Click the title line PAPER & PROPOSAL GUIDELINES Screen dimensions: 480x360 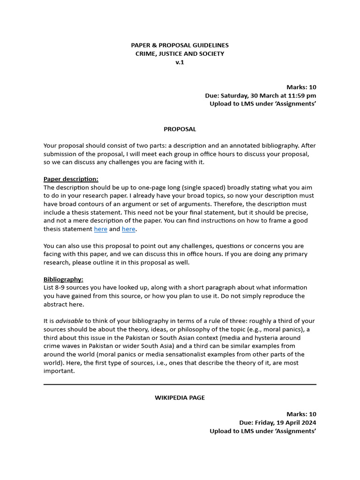pyautogui.click(x=180, y=45)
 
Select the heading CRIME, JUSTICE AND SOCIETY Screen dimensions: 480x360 pyautogui.click(x=180, y=53)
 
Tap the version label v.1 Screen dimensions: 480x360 pyautogui.click(x=180, y=62)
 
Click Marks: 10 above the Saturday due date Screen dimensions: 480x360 pyautogui.click(x=301, y=87)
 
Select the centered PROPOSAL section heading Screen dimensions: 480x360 pyautogui.click(x=180, y=129)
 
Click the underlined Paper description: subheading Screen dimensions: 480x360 pyautogui.click(x=71, y=179)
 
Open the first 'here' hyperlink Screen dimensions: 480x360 pyautogui.click(x=100, y=229)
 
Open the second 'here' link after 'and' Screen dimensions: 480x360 pyautogui.click(x=128, y=229)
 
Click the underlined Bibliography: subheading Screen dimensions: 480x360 pyautogui.click(x=63, y=279)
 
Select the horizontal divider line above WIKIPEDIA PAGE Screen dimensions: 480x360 pyautogui.click(x=180, y=384)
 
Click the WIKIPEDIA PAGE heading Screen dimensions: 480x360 pyautogui.click(x=180, y=397)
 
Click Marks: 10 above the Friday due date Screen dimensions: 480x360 pyautogui.click(x=301, y=414)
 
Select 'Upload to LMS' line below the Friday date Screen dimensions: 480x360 pyautogui.click(x=262, y=431)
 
